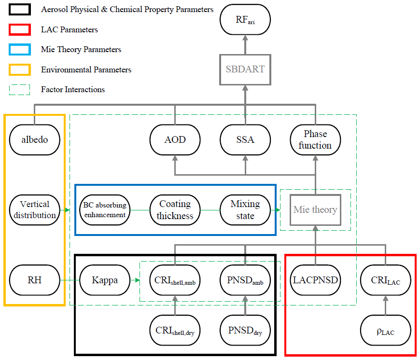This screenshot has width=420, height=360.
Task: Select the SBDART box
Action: click(245, 69)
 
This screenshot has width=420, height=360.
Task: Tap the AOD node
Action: click(175, 140)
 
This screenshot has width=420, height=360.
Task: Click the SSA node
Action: click(245, 140)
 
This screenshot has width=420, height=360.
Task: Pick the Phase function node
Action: click(315, 140)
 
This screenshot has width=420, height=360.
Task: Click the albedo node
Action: click(34, 140)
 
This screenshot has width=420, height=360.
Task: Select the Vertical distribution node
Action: click(34, 210)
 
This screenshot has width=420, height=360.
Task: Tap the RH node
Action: click(34, 279)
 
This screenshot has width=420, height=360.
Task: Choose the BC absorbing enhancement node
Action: click(104, 210)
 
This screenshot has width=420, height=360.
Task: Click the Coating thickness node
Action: click(175, 210)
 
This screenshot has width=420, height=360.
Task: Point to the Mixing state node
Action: click(245, 210)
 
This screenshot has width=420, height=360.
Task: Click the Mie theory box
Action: click(315, 210)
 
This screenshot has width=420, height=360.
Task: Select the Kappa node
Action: click(104, 279)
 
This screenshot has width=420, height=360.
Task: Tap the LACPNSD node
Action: click(315, 279)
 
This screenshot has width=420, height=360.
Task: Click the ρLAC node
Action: click(385, 332)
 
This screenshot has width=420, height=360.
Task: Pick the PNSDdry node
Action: click(245, 332)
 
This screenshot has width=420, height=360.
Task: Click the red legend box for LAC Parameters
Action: click(20, 29)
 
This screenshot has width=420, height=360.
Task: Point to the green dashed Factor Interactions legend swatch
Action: click(20, 89)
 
